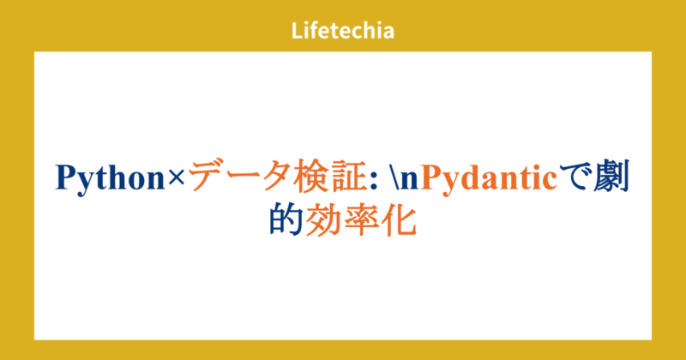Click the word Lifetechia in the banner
click(342, 32)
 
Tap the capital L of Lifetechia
click(296, 32)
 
